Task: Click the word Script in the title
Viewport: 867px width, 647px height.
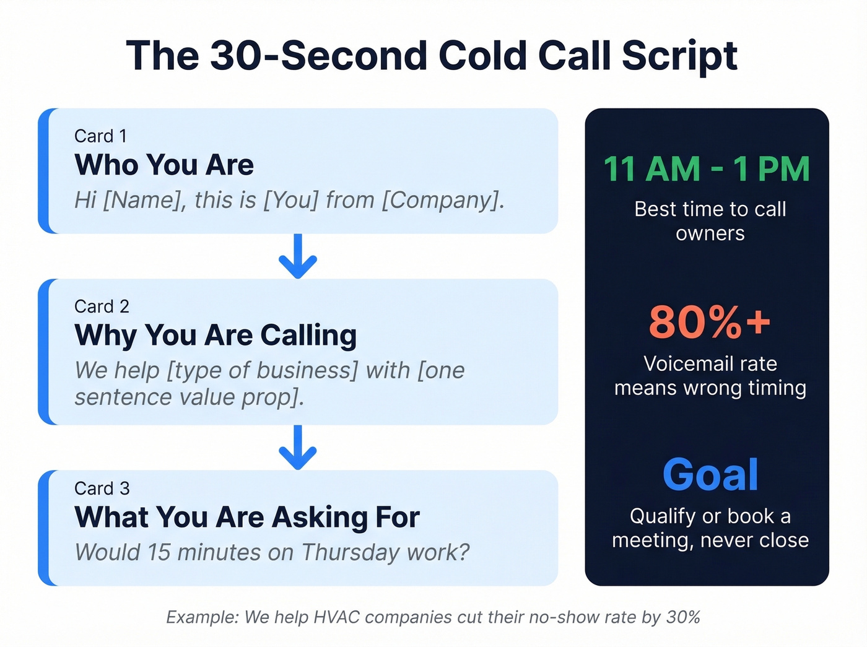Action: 679,56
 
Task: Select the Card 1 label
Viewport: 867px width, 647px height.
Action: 100,136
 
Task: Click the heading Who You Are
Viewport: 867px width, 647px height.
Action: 164,165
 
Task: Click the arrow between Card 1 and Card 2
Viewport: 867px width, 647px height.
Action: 298,256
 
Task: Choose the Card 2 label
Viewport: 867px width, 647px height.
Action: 102,306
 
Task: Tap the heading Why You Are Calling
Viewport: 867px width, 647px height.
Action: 216,336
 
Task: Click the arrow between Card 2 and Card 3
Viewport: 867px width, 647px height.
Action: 298,447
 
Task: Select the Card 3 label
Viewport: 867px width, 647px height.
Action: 102,489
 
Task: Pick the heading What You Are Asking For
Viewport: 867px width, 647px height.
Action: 247,518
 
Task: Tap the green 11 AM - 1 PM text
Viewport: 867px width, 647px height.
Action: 707,169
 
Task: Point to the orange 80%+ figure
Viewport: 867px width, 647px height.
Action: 710,322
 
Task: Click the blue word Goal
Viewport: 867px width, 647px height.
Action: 710,475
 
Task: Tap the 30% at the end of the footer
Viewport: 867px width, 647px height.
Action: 683,617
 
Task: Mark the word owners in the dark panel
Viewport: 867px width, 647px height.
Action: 710,233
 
